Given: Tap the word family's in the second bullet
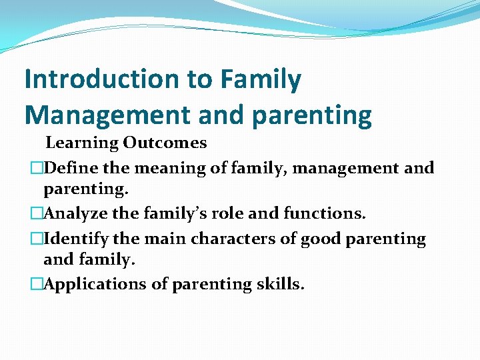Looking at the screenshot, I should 169,214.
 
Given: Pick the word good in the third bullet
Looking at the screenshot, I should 322,239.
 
